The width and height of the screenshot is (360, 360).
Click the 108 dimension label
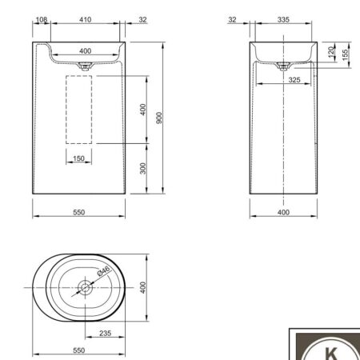pyautogui.click(x=42, y=19)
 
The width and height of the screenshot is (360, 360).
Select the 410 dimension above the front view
pyautogui.click(x=85, y=19)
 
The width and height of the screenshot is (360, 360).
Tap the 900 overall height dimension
pyautogui.click(x=159, y=118)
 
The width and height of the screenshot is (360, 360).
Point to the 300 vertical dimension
pyautogui.click(x=143, y=168)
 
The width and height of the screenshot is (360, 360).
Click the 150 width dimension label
pyautogui.click(x=78, y=158)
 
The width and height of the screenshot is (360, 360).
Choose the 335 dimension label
pyautogui.click(x=283, y=19)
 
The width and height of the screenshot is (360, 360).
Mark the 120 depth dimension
pyautogui.click(x=331, y=52)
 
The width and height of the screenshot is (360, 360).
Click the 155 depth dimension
pyautogui.click(x=345, y=54)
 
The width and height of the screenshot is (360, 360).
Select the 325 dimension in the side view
pyautogui.click(x=294, y=80)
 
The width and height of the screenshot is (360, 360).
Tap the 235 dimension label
pyautogui.click(x=106, y=333)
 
